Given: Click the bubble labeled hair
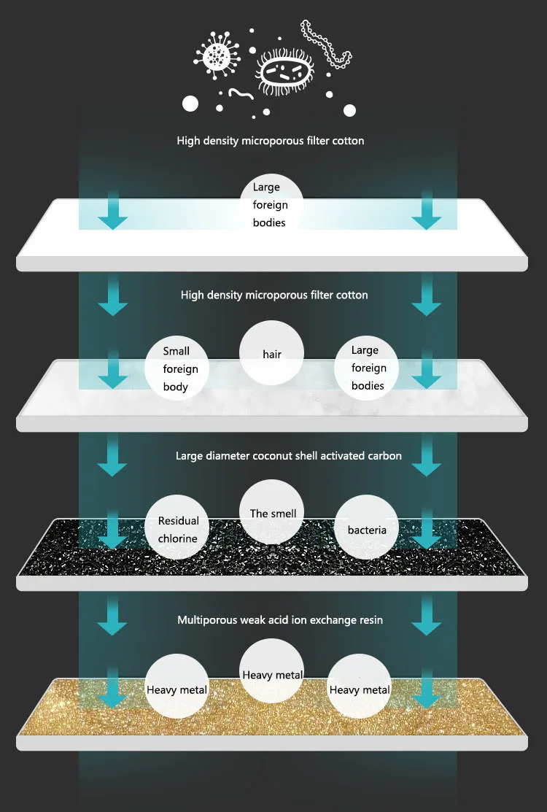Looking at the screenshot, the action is point(271,355).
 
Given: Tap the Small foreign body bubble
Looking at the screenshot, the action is point(176,368).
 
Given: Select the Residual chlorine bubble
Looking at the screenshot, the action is point(179,530).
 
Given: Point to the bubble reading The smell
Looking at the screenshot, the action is point(273,514).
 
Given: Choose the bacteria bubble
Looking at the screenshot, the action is point(367,530).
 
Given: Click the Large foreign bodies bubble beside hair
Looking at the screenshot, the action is point(367,368).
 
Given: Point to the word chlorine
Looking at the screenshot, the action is point(179,539).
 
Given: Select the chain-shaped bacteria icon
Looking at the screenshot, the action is point(326,45).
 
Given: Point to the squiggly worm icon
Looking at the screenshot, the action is point(241,93).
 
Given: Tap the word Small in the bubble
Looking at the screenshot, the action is point(176,351).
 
